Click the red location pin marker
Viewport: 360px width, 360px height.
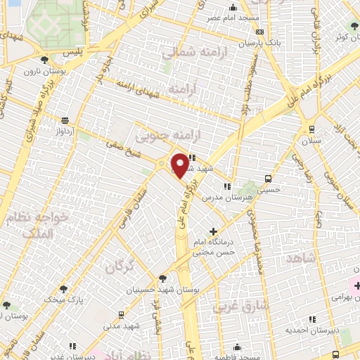click(180, 165)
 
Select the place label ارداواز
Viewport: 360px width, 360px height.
click(65, 131)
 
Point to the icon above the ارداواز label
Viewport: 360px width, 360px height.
click(65, 121)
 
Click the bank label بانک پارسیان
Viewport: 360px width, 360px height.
click(259, 43)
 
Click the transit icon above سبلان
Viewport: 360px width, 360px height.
click(311, 129)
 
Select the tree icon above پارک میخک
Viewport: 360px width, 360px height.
click(65, 288)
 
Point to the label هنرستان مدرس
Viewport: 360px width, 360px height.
click(225, 198)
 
